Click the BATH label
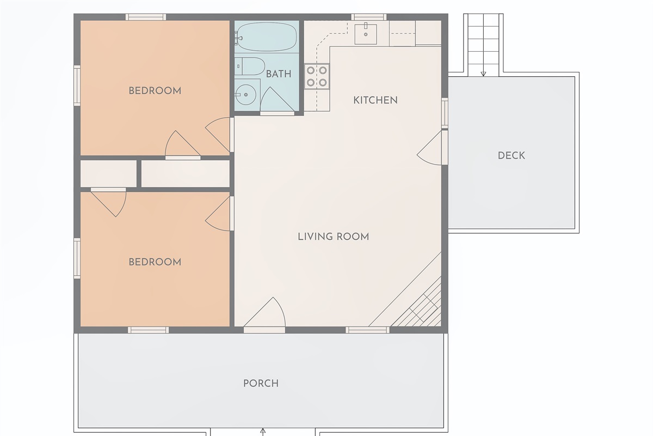coord(278,74)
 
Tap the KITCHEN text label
coord(375,100)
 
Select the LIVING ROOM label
coord(333,237)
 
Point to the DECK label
coord(511,156)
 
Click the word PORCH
coord(261,384)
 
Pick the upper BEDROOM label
coord(155,90)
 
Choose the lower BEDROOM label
coord(155,262)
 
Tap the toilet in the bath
coord(249,66)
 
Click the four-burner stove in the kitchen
coord(317,76)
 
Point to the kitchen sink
coord(366,33)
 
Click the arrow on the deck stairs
coord(483,72)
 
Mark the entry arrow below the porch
coord(263,432)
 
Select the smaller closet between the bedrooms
coord(108,173)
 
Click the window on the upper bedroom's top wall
coord(146,17)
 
